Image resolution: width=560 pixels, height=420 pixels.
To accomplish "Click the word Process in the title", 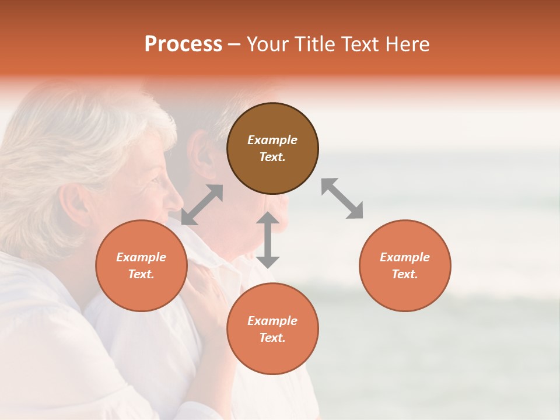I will point(183,44).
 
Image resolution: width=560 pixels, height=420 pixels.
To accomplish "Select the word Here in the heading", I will point(407,44).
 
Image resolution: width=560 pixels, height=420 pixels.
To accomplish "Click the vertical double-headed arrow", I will point(268,240).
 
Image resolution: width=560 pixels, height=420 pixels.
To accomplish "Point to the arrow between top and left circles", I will point(202,205).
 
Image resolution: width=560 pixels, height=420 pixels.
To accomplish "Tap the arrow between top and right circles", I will point(342,198).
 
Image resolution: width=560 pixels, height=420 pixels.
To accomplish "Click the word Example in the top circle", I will point(272,140).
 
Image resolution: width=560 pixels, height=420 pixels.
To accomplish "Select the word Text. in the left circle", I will point(141,274).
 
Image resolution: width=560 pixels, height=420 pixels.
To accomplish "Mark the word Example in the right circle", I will point(405,257).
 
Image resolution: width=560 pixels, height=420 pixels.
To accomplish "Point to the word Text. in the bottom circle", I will point(272,338).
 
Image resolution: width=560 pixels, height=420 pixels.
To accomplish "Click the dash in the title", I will point(235,45).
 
